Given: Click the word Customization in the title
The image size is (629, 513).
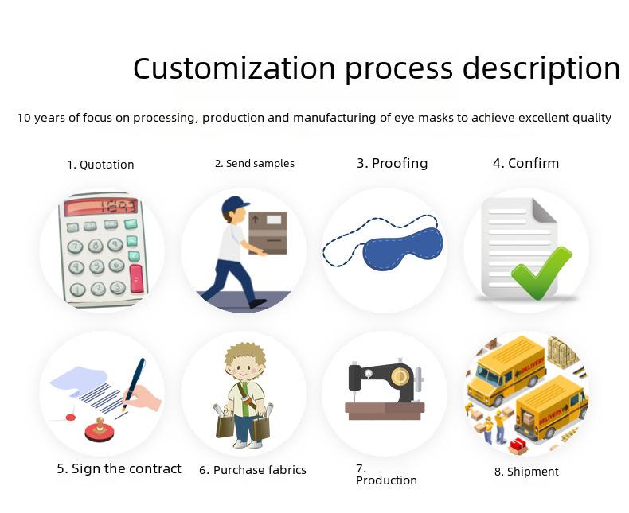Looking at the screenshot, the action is [234, 68].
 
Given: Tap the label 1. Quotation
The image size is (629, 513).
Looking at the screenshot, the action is [100, 165].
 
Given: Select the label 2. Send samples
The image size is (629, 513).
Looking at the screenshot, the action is [255, 164].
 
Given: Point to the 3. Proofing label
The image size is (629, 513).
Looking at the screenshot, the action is [393, 164].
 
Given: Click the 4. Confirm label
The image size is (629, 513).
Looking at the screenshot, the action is [526, 164].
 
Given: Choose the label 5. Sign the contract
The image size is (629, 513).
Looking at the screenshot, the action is [119, 469].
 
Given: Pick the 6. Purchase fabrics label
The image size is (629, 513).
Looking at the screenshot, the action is [252, 470].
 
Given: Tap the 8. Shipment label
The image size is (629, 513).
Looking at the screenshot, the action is [526, 472].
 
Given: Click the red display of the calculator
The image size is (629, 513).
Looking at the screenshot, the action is [100, 207].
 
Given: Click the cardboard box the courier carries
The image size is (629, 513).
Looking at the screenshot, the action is [268, 232].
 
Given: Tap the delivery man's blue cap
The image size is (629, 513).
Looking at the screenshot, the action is [235, 204].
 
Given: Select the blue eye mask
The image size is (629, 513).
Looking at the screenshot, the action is [403, 248].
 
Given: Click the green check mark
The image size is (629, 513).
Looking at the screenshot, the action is [541, 273].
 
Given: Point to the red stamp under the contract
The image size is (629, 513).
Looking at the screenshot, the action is [99, 430].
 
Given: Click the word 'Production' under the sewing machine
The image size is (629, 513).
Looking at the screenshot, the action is [386, 480].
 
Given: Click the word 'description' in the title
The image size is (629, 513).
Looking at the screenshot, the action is [541, 69].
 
